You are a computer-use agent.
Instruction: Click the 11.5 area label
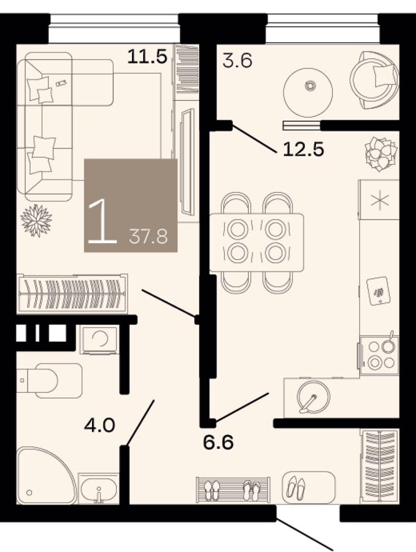[147, 56]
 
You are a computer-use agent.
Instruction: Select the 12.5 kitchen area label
[303, 149]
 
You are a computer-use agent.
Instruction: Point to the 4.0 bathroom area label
[99, 425]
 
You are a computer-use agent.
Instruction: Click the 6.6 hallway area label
[218, 442]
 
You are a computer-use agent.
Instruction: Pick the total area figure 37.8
[148, 237]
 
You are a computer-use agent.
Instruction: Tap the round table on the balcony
[308, 92]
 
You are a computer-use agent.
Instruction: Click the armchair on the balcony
[374, 80]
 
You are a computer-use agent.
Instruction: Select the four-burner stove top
[379, 355]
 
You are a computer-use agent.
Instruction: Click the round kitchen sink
[313, 396]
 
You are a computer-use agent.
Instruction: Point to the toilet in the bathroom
[50, 380]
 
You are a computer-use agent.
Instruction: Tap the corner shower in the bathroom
[46, 475]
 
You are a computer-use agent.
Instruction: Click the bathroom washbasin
[99, 488]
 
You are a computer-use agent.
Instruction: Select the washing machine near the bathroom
[99, 340]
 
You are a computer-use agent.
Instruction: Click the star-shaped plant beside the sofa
[36, 221]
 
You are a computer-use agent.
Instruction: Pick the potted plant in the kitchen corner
[381, 154]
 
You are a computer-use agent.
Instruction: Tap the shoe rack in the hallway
[233, 490]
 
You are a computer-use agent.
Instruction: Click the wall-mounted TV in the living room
[188, 162]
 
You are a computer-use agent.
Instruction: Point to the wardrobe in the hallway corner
[380, 466]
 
